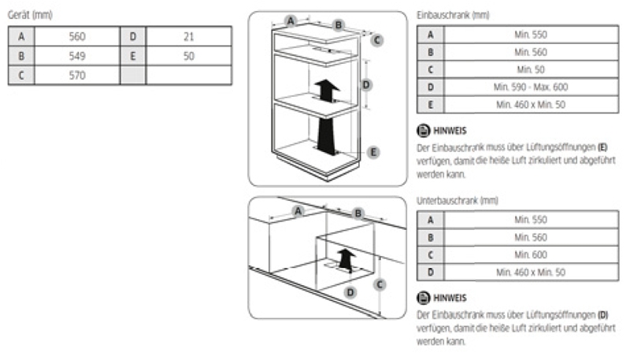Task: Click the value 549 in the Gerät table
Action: point(77,56)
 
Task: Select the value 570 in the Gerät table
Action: point(77,75)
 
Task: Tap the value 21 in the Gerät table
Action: point(189,36)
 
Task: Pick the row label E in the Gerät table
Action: point(133,56)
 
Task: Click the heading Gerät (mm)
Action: point(30,15)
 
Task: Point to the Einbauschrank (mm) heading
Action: point(453,15)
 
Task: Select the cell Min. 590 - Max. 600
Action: point(531,87)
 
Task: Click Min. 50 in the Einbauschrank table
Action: point(531,69)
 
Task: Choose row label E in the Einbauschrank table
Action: point(430,105)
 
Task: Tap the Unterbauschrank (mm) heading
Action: point(458,201)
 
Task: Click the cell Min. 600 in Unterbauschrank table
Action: point(531,254)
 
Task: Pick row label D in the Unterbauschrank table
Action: point(430,273)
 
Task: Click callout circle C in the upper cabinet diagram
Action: point(377,40)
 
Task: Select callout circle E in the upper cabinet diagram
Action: point(373,152)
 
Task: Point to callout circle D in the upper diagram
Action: point(366,85)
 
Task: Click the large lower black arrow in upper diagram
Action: point(326,135)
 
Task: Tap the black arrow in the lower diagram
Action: point(346,260)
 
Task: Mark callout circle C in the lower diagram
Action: point(380,285)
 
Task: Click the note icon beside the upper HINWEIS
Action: point(423,131)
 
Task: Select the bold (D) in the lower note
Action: point(602,314)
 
